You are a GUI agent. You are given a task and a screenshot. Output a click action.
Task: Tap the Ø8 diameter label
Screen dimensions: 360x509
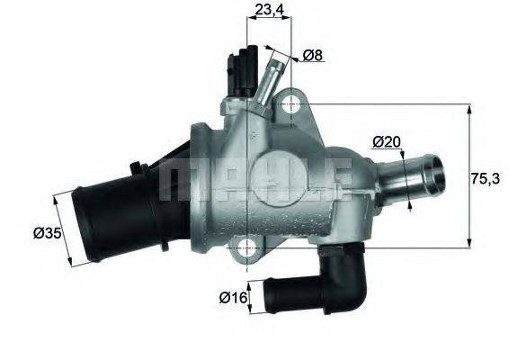tap(314, 56)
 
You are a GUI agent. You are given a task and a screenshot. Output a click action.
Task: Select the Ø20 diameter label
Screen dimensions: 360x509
tap(386, 141)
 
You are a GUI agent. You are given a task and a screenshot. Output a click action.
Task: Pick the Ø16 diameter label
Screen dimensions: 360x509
tap(234, 296)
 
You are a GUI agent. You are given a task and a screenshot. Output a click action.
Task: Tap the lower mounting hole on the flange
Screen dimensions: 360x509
tap(248, 247)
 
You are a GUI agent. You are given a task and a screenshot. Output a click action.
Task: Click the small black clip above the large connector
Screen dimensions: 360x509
tap(138, 168)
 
